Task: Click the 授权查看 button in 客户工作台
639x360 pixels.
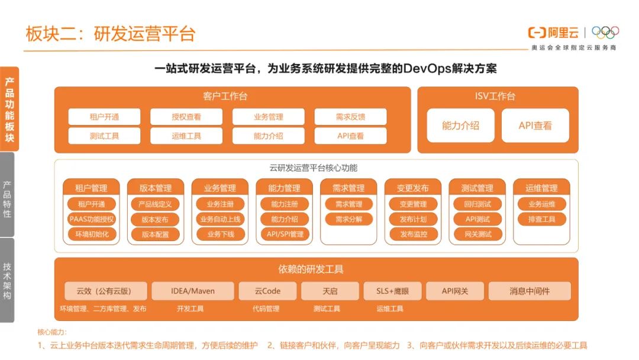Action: coord(186,117)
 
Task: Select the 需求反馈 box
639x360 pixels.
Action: coord(350,117)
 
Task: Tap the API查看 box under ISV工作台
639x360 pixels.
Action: coord(535,126)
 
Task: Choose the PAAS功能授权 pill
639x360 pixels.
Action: coord(91,219)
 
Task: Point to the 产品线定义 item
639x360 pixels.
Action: coord(155,204)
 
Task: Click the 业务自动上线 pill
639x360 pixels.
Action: coord(220,219)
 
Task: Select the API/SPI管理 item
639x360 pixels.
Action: coord(285,234)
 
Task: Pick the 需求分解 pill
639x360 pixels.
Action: coord(348,219)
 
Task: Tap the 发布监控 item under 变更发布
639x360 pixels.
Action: coord(413,234)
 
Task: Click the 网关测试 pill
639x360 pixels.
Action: coord(477,234)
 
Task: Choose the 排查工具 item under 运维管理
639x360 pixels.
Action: coord(541,219)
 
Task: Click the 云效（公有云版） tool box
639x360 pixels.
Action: coord(104,291)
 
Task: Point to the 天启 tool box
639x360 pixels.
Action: coord(330,291)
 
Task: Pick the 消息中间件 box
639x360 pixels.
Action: coord(530,291)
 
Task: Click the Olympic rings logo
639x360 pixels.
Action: coord(605,33)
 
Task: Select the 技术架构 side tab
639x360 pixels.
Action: coord(7,280)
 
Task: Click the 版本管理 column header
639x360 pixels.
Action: coord(155,188)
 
